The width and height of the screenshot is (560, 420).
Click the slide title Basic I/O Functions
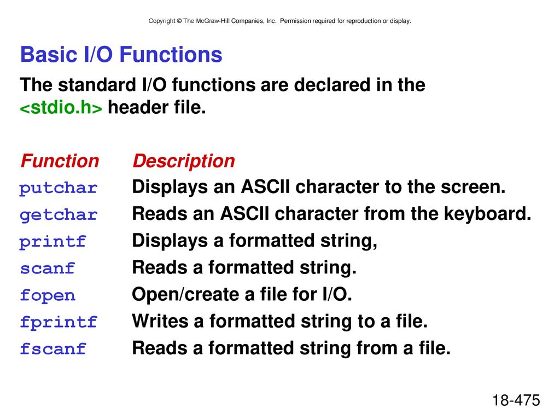pos(121,55)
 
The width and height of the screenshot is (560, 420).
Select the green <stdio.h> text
pos(61,108)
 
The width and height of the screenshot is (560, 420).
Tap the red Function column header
pos(60,161)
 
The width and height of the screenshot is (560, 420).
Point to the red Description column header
pos(184,161)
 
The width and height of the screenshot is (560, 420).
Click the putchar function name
pos(58,188)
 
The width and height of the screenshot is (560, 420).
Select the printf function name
pos(53,242)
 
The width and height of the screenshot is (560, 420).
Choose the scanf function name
pos(47,269)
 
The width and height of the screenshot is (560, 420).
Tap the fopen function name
pos(48,295)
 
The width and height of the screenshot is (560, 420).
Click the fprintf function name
pos(59,322)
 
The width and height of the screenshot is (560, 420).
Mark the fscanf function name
pos(53,348)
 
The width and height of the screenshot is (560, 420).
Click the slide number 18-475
pos(516,400)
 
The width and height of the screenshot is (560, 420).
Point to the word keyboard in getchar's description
pos(487,214)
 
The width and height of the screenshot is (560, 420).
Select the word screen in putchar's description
pos(473,188)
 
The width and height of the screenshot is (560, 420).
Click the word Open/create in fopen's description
pos(185,295)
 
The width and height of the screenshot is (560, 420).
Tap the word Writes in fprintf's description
pos(160,321)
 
